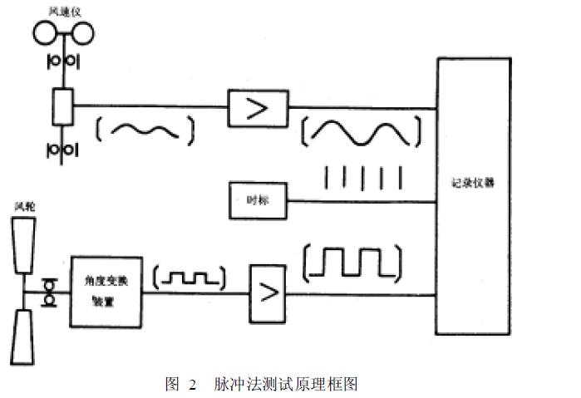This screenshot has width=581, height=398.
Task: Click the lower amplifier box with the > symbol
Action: point(267,292)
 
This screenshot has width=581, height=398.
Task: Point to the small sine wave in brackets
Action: point(145,129)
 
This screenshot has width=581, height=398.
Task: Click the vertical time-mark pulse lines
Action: point(362,178)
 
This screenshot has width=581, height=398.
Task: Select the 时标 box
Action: point(257,199)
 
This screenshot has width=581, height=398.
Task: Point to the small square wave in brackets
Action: point(192,280)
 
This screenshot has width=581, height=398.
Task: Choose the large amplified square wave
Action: point(354,263)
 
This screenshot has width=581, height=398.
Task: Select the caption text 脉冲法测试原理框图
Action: point(285,384)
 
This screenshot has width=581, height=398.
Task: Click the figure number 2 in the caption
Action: point(192,384)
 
